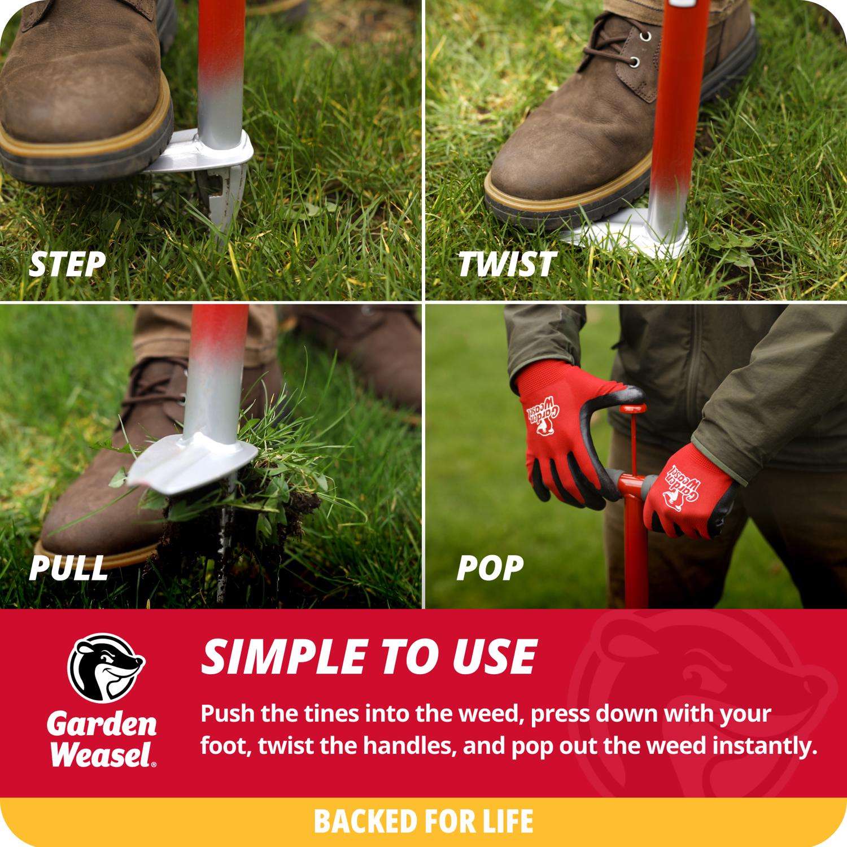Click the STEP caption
click(x=67, y=264)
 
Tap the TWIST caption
click(x=507, y=264)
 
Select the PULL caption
click(x=68, y=567)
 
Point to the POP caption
click(x=490, y=567)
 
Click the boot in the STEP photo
click(x=85, y=85)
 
